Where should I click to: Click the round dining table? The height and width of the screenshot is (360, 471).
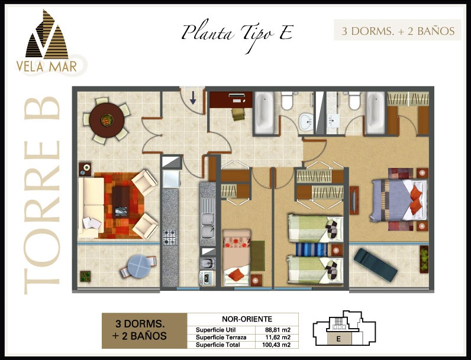107,121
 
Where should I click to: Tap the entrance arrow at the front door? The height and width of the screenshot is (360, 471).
193,98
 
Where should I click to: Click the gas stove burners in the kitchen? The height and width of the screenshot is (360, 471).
170,237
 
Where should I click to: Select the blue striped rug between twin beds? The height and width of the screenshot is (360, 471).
311,249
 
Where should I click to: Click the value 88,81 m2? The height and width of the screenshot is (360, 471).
278,330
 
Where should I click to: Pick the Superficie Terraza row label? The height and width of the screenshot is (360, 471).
221,337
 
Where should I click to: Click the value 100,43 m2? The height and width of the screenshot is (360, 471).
276,345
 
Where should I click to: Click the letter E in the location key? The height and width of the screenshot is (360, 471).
338,339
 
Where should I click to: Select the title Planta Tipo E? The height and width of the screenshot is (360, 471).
237,34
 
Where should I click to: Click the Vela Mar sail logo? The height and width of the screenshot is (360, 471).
47,34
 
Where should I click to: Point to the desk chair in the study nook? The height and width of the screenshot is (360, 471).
238,114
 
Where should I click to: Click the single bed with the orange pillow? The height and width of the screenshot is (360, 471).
237,258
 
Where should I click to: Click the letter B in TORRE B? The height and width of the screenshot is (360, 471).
42,108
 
